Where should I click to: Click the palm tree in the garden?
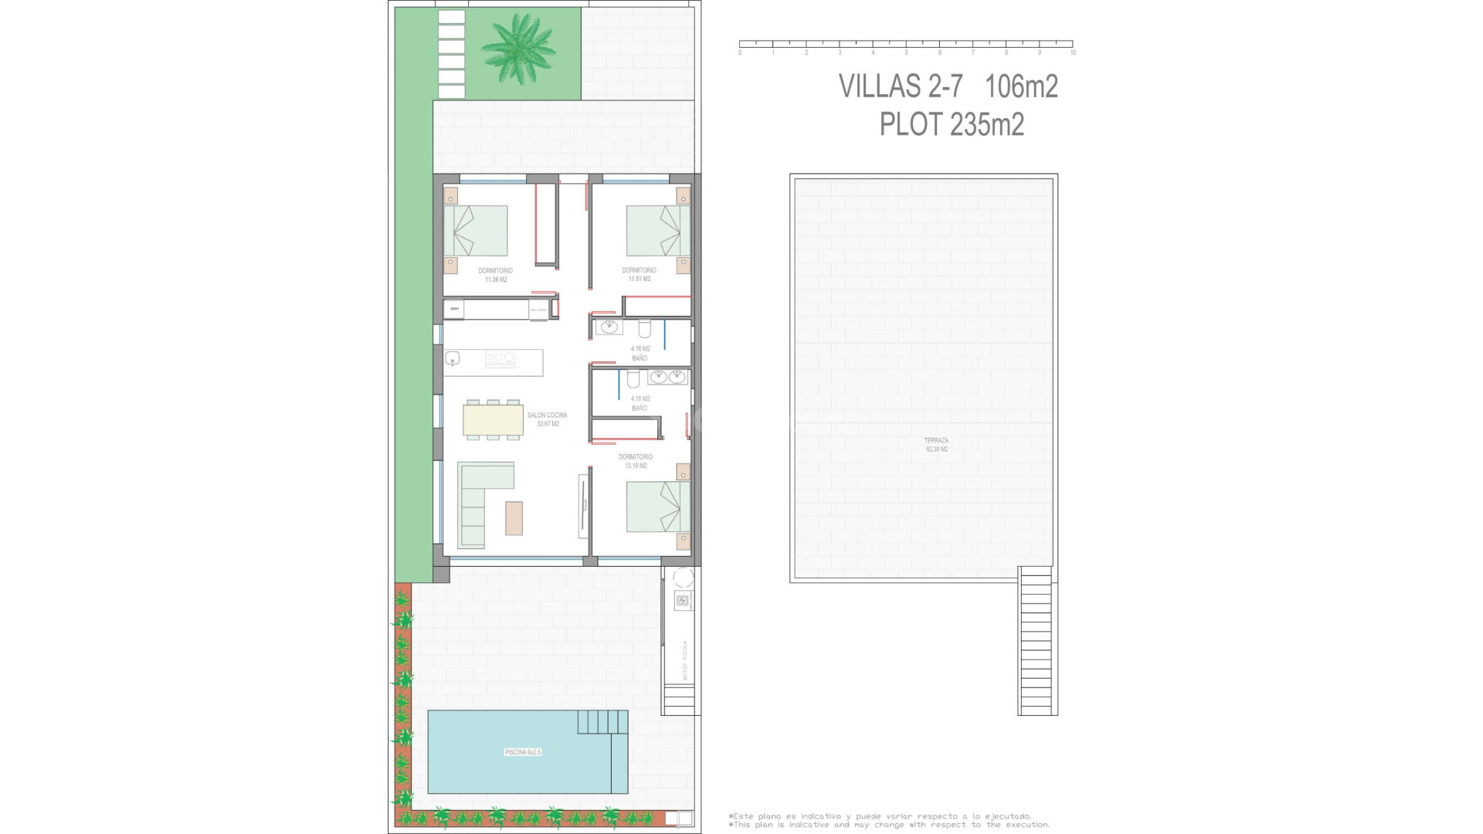tap(518, 48)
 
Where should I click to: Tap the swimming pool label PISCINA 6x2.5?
tap(523, 752)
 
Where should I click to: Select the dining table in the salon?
tap(493, 420)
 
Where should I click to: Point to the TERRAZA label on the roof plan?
tap(936, 441)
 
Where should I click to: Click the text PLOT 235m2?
tap(952, 124)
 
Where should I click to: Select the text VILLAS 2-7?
tap(901, 86)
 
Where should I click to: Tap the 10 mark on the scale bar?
tap(1073, 53)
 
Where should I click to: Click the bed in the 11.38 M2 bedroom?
tap(476, 230)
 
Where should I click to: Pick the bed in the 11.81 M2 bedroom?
tap(657, 230)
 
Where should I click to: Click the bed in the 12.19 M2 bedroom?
tap(657, 507)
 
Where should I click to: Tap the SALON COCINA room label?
tap(547, 415)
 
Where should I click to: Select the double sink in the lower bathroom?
tap(667, 377)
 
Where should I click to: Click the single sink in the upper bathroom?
tap(609, 327)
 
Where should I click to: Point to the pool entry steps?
tap(602, 722)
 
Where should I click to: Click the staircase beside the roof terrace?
tap(1037, 641)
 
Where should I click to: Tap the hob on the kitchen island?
tap(500, 358)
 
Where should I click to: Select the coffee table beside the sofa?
tap(514, 518)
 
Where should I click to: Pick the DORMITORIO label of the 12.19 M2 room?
tap(635, 457)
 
